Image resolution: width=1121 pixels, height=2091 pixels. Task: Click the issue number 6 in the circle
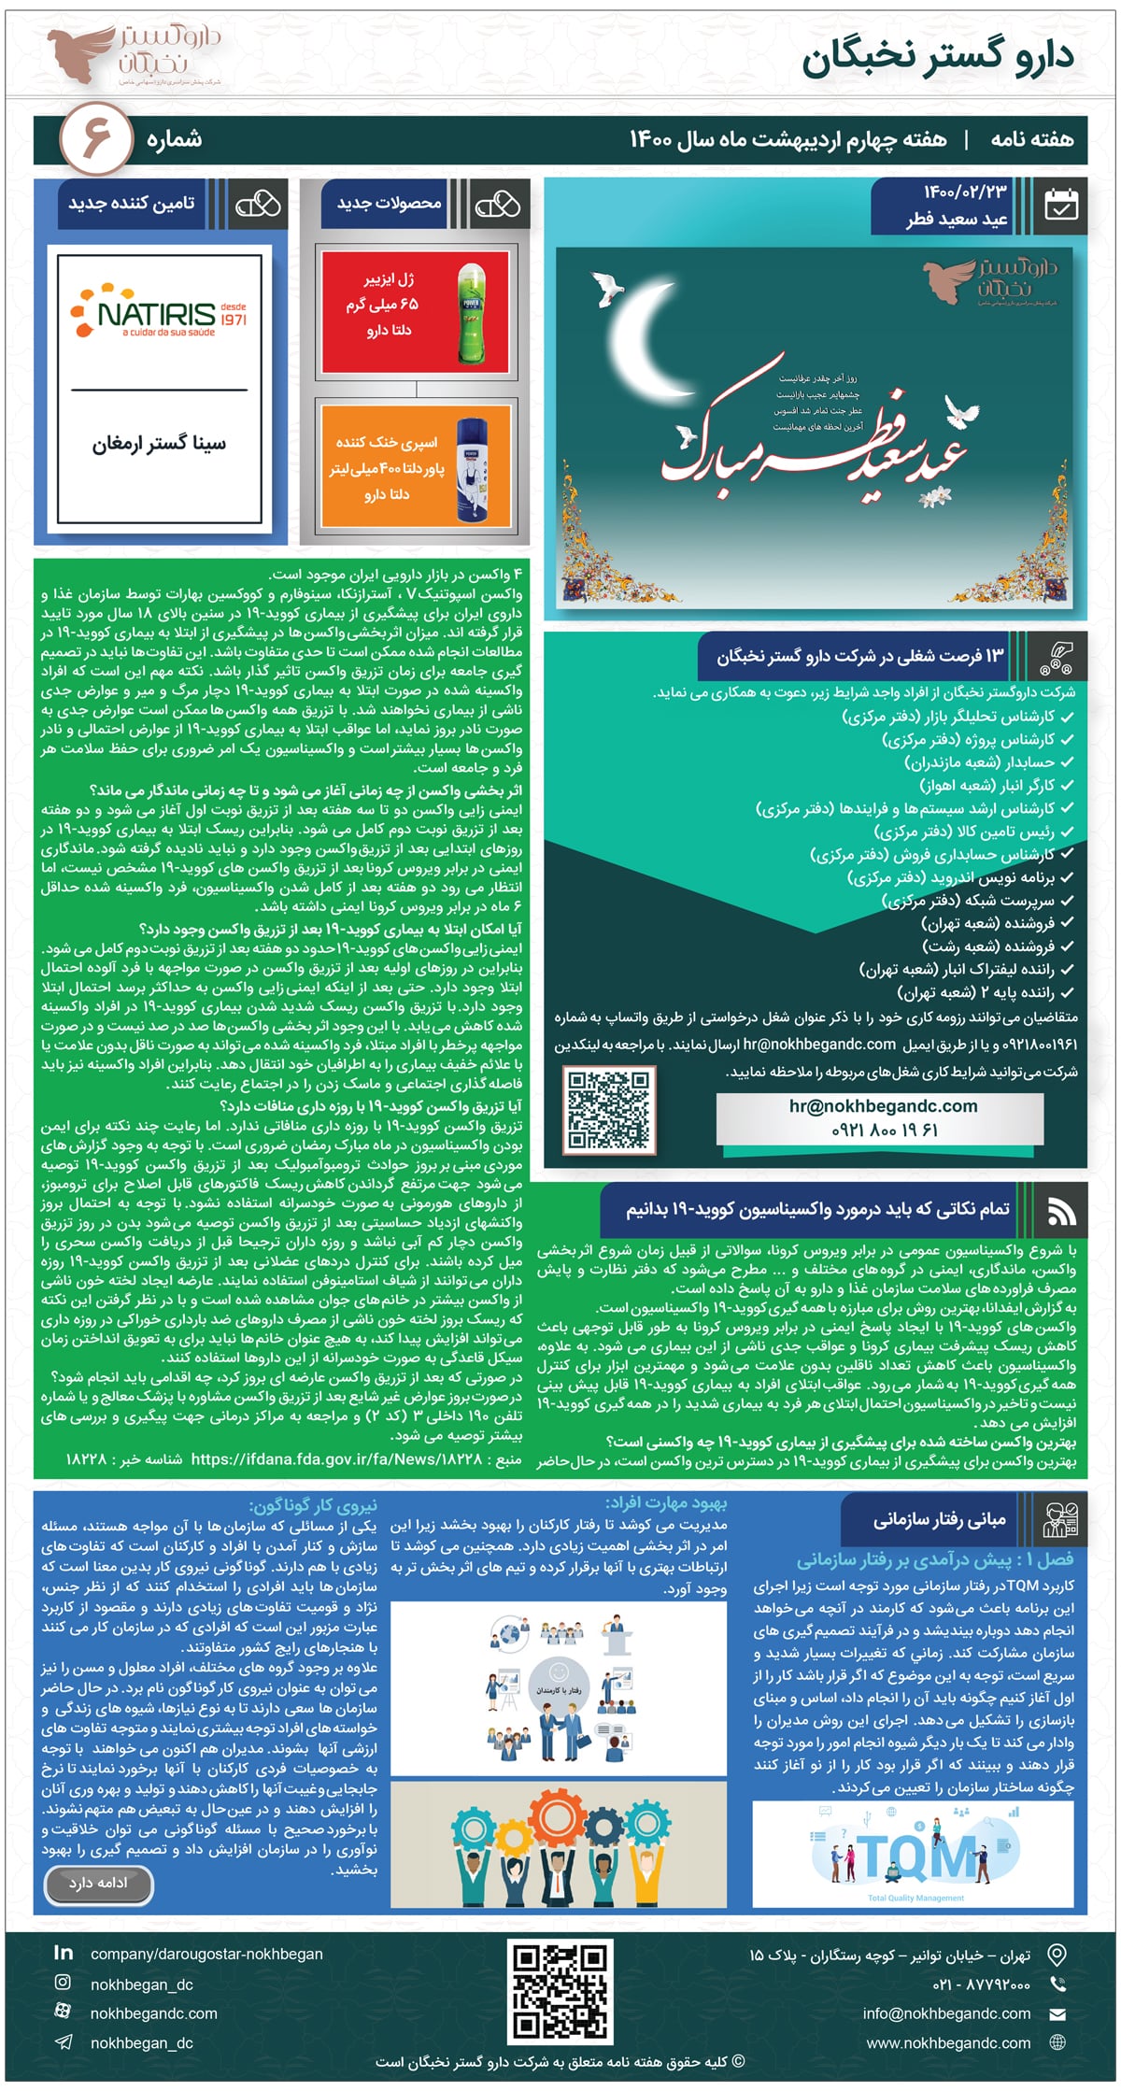tap(97, 139)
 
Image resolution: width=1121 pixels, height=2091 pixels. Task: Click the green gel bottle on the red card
tap(472, 313)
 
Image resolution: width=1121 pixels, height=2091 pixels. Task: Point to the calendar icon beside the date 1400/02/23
tap(1060, 205)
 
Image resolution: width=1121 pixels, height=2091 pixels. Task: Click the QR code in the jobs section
tap(609, 1108)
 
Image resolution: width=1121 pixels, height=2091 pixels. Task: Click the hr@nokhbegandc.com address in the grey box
tap(883, 1106)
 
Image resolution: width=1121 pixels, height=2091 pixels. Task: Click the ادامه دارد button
tap(98, 1883)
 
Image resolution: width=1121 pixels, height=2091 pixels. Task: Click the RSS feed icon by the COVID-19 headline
tap(1061, 1212)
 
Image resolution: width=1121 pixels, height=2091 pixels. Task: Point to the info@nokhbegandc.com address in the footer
tap(946, 2013)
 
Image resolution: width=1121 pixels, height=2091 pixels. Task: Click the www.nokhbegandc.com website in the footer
tap(948, 2043)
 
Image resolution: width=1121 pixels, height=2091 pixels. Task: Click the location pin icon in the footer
tap(1057, 1955)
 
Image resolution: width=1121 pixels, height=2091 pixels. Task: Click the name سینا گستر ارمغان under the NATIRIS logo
tap(159, 445)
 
